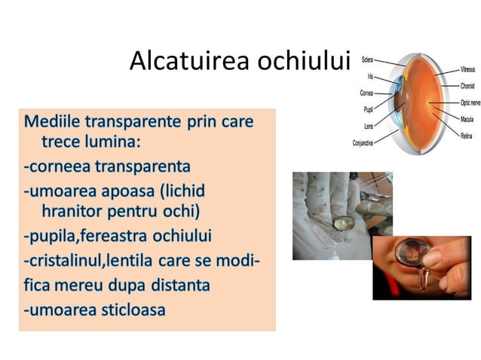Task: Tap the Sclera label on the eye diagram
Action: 367,59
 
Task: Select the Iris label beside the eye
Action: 369,76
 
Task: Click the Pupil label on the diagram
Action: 368,110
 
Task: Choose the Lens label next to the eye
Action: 368,126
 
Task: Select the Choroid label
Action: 467,86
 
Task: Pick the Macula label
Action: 466,119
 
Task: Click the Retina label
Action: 466,136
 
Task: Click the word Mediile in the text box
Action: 53,121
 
